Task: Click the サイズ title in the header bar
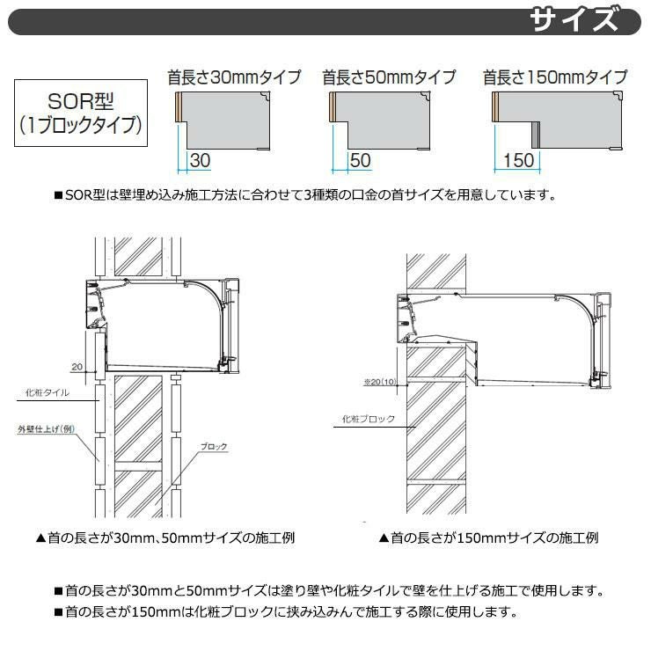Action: coord(574,21)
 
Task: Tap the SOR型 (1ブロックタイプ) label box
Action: coord(81,113)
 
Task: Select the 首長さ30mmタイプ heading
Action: coord(234,77)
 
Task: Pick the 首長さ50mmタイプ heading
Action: coord(390,77)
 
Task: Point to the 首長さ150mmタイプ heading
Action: coord(555,77)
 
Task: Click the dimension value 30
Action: coord(200,161)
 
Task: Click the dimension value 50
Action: coord(360,161)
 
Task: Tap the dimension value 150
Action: coord(518,161)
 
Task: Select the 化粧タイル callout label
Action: coord(48,392)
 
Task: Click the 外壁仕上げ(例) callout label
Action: coord(46,429)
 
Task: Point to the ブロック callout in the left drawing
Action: coord(214,447)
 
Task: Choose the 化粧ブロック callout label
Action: coord(369,419)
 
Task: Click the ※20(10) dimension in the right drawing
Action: coord(380,382)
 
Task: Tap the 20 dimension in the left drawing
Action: coord(77,367)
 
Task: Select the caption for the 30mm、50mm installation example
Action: coord(165,538)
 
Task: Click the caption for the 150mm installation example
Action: coord(488,538)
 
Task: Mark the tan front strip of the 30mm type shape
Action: coord(179,106)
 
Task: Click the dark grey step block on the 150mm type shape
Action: coord(536,135)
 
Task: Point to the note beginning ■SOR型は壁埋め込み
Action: coord(305,194)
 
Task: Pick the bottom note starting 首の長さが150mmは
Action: coord(287,611)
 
